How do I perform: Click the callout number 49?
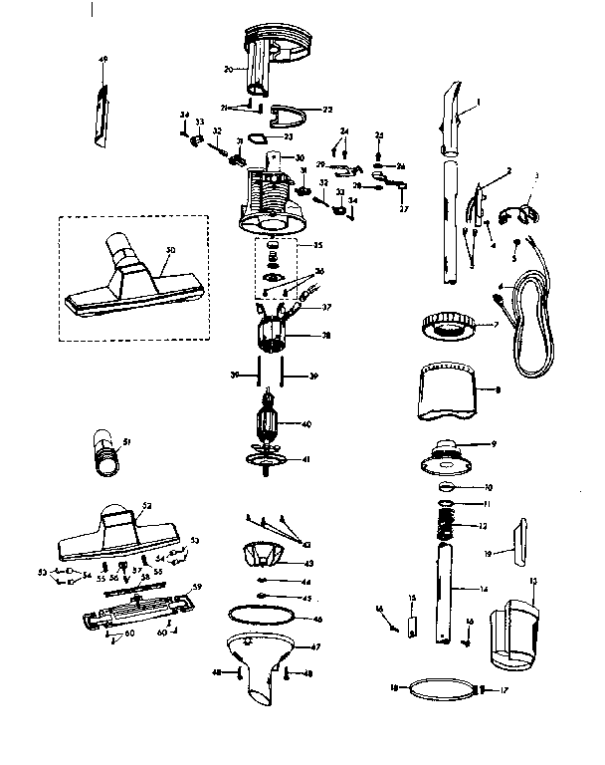click(102, 60)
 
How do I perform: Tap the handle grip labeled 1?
click(451, 121)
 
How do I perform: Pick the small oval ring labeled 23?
click(256, 136)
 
